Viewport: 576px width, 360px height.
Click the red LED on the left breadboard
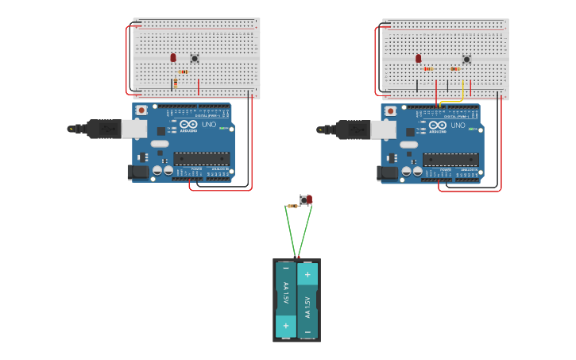coord(173,57)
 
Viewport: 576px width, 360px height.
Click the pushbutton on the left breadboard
coord(195,58)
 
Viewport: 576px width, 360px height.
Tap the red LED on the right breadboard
coord(419,58)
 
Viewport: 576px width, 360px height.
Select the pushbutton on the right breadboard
coord(466,59)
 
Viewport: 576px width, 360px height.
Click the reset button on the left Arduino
coord(141,110)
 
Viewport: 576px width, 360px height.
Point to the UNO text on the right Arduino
coord(458,125)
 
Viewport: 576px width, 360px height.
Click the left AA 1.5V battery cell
coord(285,300)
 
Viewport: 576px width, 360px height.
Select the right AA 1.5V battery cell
coord(307,300)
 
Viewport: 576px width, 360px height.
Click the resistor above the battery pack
coord(293,206)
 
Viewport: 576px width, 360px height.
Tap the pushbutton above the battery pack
coord(303,199)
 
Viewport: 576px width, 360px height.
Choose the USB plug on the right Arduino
coord(354,128)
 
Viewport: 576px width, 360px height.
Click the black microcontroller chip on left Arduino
coord(202,159)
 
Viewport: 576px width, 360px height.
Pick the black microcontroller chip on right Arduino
coord(450,159)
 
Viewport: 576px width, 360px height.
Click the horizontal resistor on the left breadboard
coord(184,72)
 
